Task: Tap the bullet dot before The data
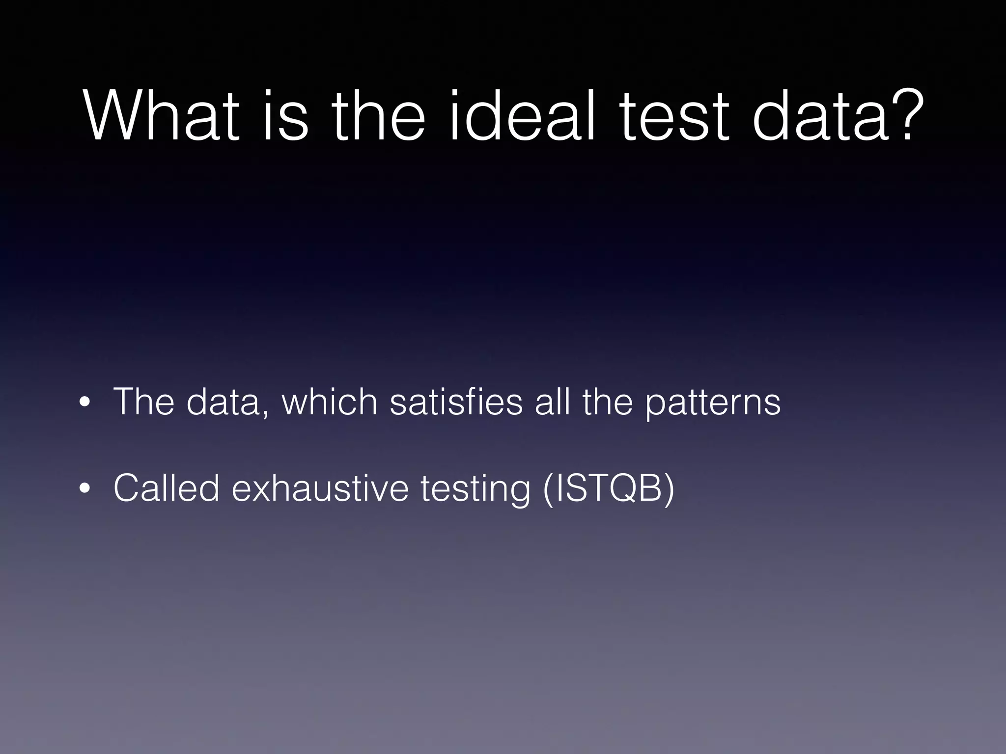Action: (85, 404)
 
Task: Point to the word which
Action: (330, 402)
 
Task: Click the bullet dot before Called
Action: (85, 489)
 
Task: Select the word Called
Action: (166, 488)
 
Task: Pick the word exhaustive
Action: (320, 488)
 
